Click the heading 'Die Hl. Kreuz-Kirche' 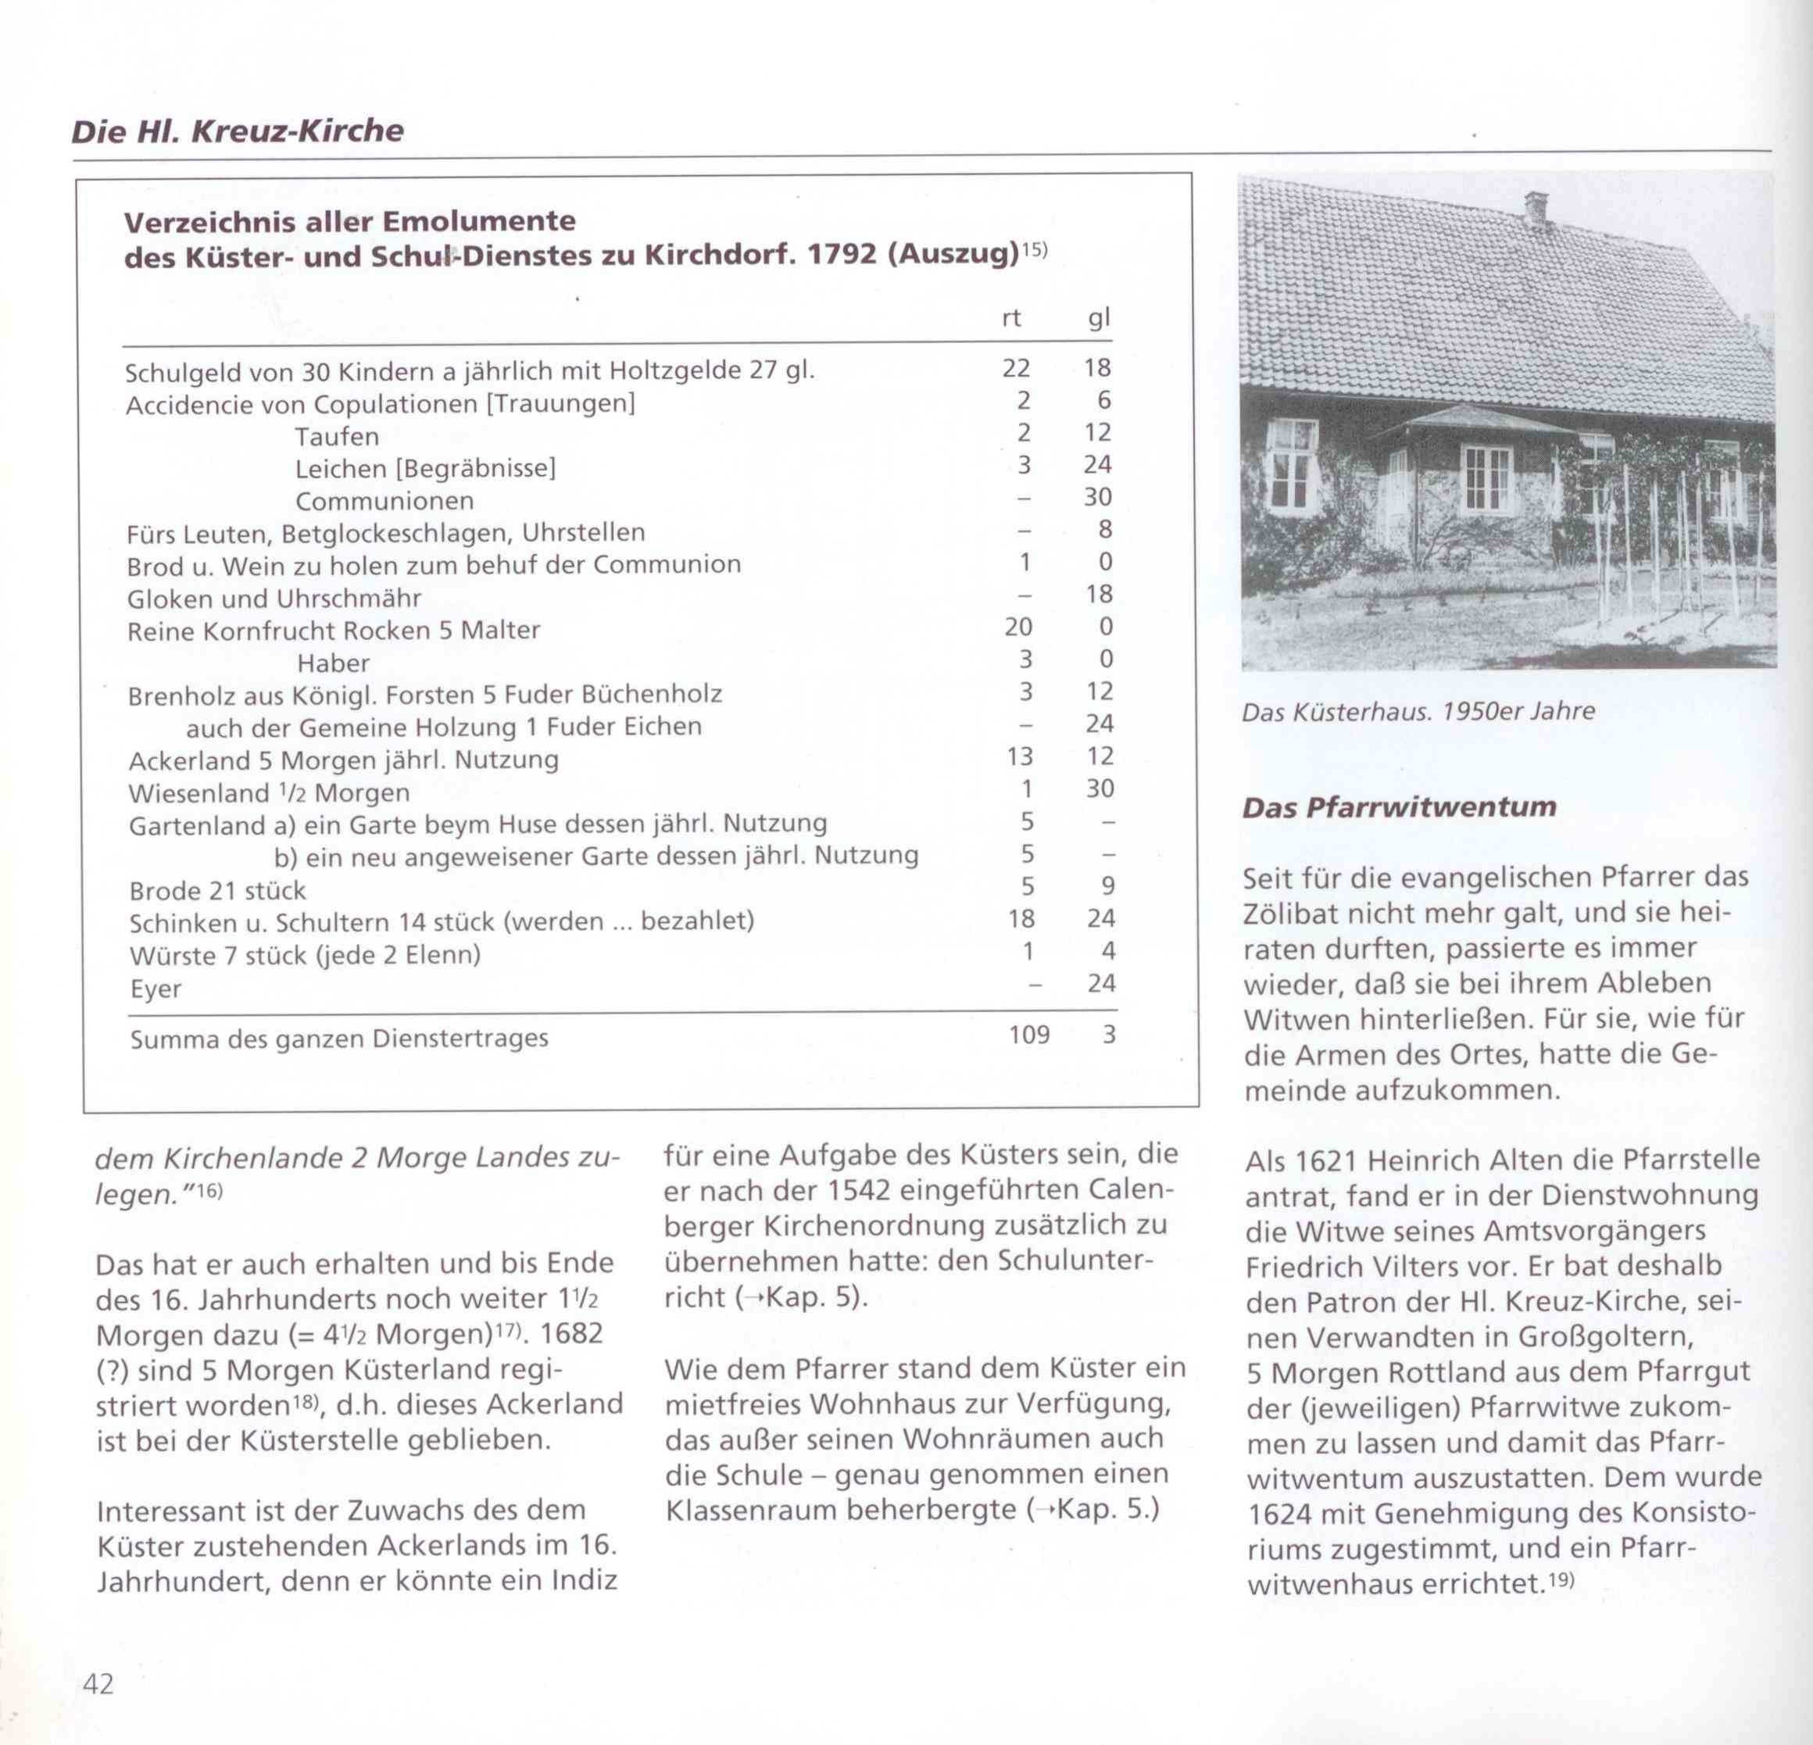[238, 131]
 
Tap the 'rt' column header [1011, 318]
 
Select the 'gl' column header [1098, 318]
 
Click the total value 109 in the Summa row [1028, 1034]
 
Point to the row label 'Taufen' [337, 437]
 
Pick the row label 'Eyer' [156, 989]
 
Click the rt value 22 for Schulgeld [1016, 368]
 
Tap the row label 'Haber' [333, 663]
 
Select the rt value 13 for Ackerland [1019, 756]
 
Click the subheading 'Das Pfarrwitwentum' [1399, 807]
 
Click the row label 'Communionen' [384, 501]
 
